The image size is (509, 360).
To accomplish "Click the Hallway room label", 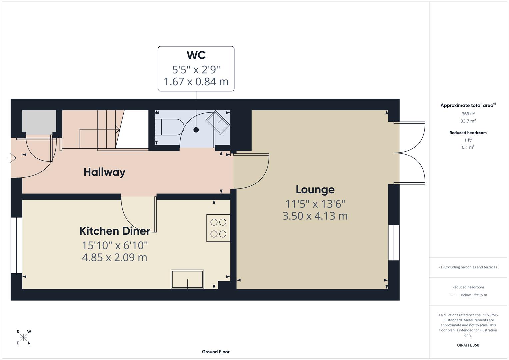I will pos(104,172).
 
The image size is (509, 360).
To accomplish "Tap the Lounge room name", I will pos(315,189).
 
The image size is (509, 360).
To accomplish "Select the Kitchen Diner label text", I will pos(114,231).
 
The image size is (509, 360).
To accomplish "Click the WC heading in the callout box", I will pos(196,55).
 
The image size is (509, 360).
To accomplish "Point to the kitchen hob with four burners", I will pos(218,228).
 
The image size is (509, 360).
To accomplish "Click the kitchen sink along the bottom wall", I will pos(187,279).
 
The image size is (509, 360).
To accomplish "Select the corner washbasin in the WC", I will pos(218,123).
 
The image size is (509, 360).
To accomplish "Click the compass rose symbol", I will pos(23,337).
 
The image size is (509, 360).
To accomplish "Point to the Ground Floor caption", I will pos(216,352).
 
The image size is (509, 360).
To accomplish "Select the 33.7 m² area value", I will pos(468,121).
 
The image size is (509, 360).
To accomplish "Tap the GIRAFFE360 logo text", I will pos(468,345).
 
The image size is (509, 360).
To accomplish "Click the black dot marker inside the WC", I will pos(196,130).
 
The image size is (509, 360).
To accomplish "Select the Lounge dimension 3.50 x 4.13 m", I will pos(315,216).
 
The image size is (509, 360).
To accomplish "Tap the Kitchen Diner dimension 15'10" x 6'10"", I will pos(115,245).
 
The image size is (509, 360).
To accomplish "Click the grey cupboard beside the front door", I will pos(39,122).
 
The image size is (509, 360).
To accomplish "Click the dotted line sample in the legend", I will pos(454,295).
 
